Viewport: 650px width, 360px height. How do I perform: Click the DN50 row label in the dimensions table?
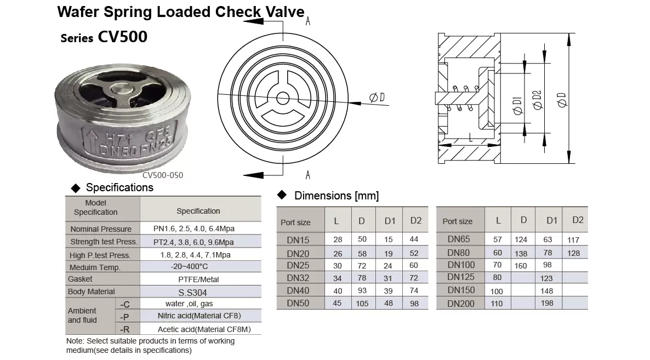298,303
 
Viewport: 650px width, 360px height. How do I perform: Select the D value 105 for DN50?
362,303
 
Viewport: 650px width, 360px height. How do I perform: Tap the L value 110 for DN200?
496,303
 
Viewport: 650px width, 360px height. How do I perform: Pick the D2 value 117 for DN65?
573,239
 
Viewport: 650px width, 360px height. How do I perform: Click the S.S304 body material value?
193,293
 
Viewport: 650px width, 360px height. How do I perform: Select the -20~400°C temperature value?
190,266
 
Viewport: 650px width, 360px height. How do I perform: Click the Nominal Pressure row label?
101,228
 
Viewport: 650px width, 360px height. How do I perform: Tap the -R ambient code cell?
125,329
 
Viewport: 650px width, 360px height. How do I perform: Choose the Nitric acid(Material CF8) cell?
199,316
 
